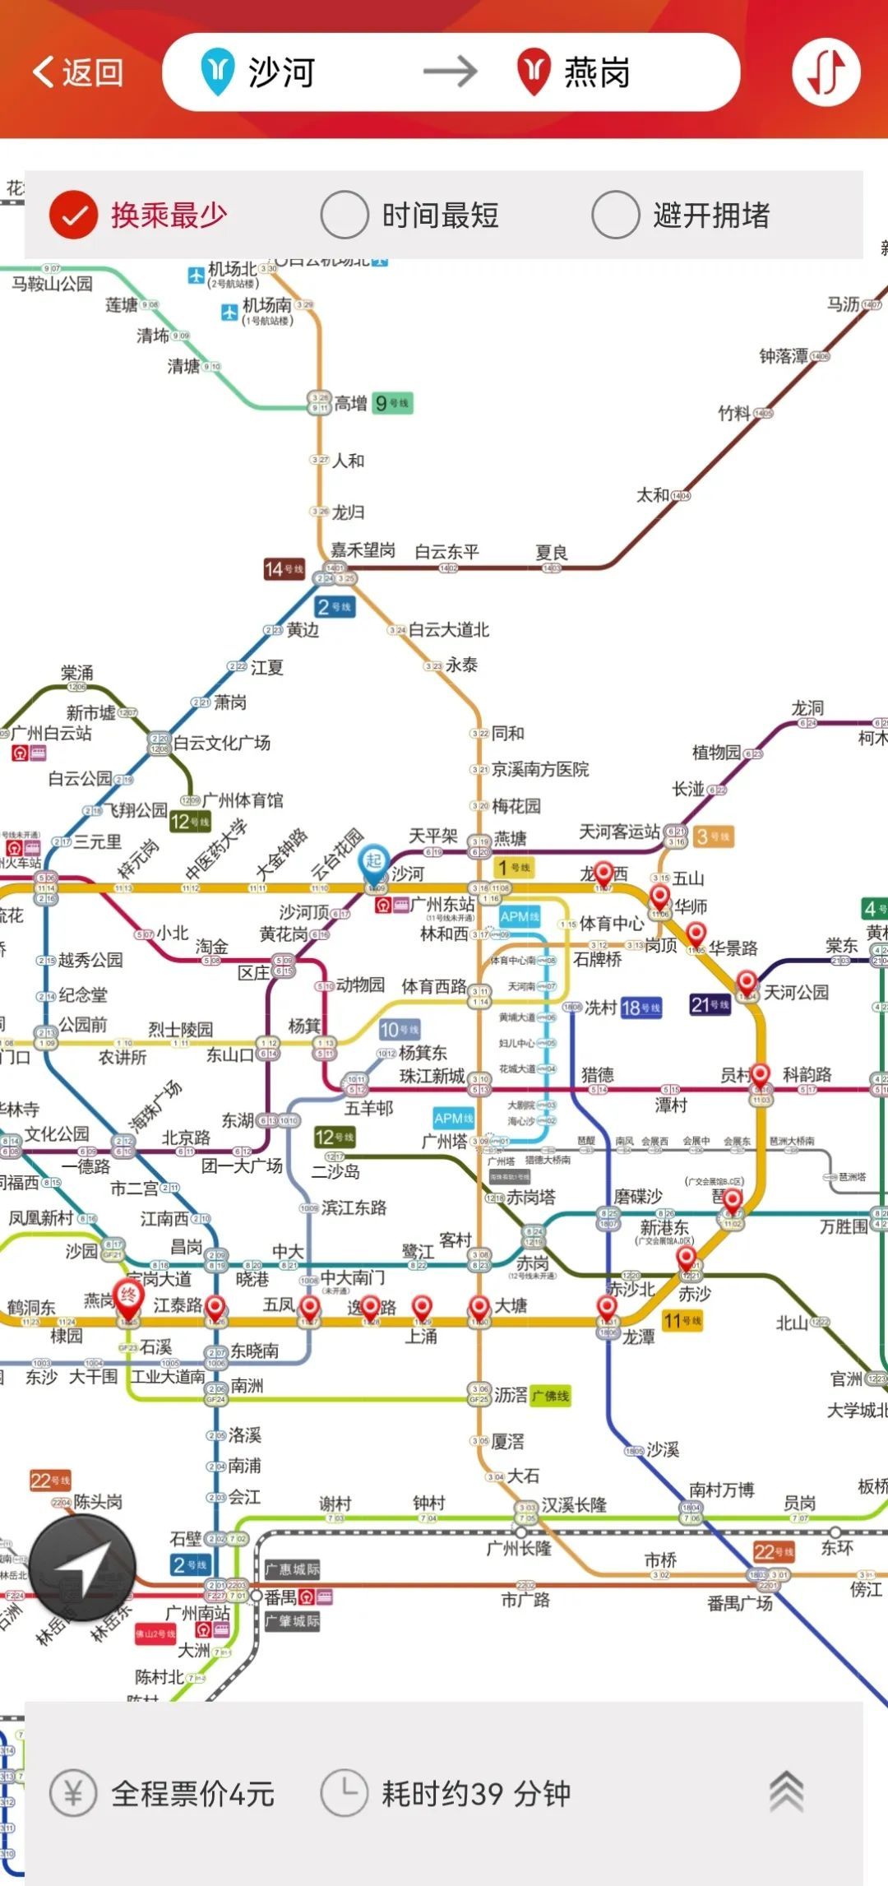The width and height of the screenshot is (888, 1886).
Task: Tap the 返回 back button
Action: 77,72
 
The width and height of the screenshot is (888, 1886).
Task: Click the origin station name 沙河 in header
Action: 281,72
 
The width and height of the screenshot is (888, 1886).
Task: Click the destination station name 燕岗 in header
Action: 597,72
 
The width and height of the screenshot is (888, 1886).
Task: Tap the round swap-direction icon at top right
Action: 826,72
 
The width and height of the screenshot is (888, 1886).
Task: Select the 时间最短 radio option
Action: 344,215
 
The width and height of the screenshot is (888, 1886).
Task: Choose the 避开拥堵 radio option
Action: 615,215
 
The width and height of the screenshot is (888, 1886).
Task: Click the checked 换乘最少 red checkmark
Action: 74,215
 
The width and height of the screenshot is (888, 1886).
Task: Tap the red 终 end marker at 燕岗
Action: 128,1297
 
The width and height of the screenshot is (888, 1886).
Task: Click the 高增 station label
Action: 350,403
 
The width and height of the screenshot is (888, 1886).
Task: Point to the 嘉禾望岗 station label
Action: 363,549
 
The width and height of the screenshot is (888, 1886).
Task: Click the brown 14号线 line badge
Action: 284,569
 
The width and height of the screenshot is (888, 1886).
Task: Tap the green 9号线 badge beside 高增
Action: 391,403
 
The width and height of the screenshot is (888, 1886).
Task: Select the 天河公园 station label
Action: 796,992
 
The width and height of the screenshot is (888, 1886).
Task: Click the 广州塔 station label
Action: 444,1141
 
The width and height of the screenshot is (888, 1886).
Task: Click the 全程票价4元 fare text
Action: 192,1793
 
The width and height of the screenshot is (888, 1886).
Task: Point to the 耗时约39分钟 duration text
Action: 475,1793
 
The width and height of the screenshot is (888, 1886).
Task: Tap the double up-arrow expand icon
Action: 786,1791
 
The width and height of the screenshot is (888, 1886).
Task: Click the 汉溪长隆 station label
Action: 574,1504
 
